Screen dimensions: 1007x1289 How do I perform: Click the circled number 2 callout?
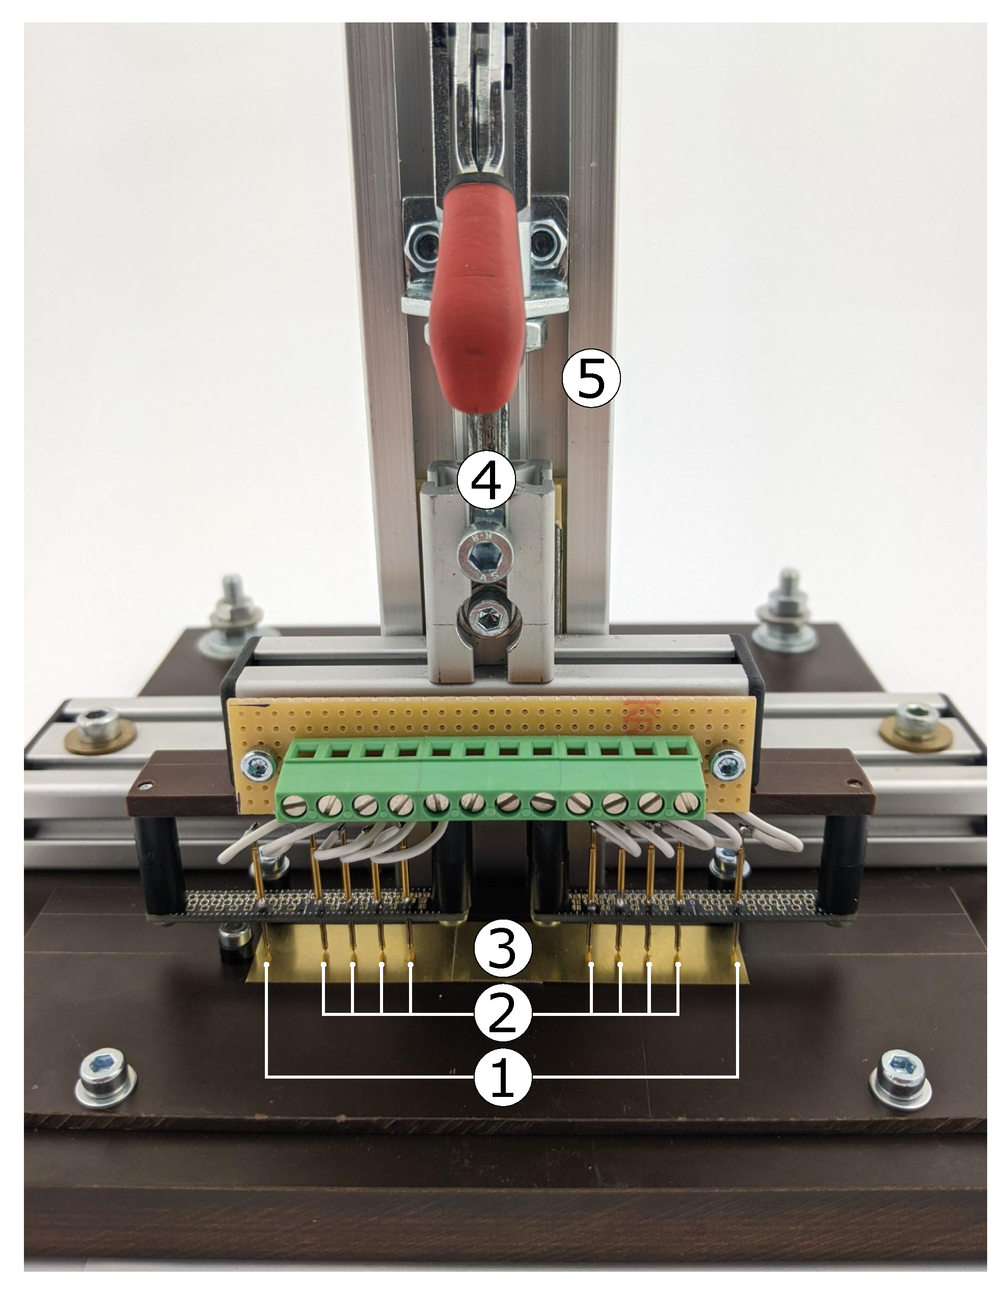tap(503, 1013)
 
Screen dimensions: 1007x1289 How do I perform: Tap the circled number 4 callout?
tap(487, 481)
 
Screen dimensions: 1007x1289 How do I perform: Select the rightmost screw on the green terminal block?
tap(684, 802)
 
